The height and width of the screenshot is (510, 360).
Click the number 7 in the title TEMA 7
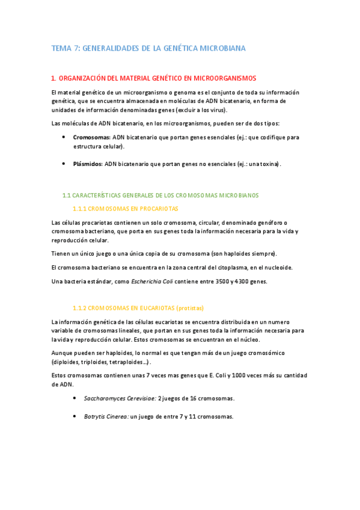76,48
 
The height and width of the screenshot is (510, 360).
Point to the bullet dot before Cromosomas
64,137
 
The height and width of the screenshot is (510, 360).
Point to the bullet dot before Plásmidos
64,164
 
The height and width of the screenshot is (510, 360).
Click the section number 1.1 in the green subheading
67,195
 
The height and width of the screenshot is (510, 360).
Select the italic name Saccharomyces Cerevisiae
120,398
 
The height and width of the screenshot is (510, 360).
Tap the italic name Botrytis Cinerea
106,417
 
